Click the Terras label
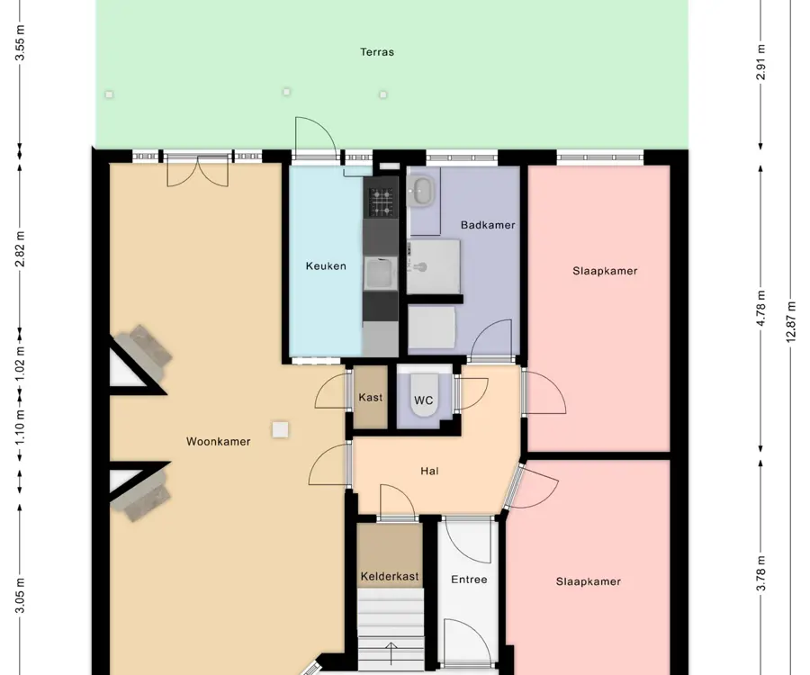click(x=377, y=52)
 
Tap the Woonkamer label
click(x=219, y=442)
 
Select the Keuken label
click(x=326, y=266)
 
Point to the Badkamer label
click(x=488, y=225)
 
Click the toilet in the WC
click(x=424, y=395)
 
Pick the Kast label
click(x=371, y=397)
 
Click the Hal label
click(x=430, y=471)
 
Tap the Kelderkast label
click(x=390, y=576)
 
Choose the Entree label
click(x=469, y=580)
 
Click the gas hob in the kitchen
click(x=381, y=202)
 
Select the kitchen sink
click(x=381, y=274)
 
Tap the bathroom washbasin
click(x=423, y=191)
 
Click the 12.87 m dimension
click(x=791, y=321)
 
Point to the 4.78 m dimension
click(x=760, y=309)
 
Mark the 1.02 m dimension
click(x=20, y=364)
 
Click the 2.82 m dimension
click(x=20, y=249)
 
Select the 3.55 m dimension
click(x=20, y=43)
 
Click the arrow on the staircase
click(x=391, y=653)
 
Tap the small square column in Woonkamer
click(x=281, y=429)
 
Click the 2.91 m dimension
click(x=760, y=62)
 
